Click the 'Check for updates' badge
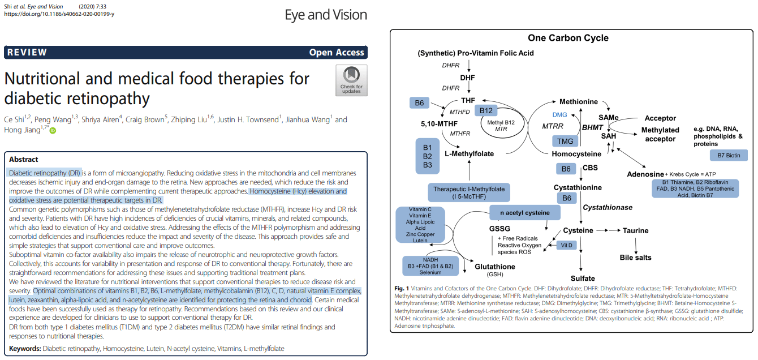click(x=351, y=80)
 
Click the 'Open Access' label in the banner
click(x=337, y=53)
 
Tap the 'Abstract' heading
click(x=24, y=159)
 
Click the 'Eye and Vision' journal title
click(x=326, y=15)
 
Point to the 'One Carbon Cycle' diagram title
click(x=568, y=38)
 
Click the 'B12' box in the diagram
click(x=485, y=110)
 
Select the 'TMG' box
click(x=565, y=141)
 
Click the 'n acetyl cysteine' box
click(x=524, y=213)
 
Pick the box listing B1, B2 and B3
click(x=427, y=156)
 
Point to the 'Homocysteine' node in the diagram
click(x=576, y=153)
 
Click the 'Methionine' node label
click(x=579, y=102)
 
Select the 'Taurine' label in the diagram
click(x=635, y=231)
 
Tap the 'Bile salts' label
click(x=635, y=258)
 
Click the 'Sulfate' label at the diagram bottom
click(x=583, y=278)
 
